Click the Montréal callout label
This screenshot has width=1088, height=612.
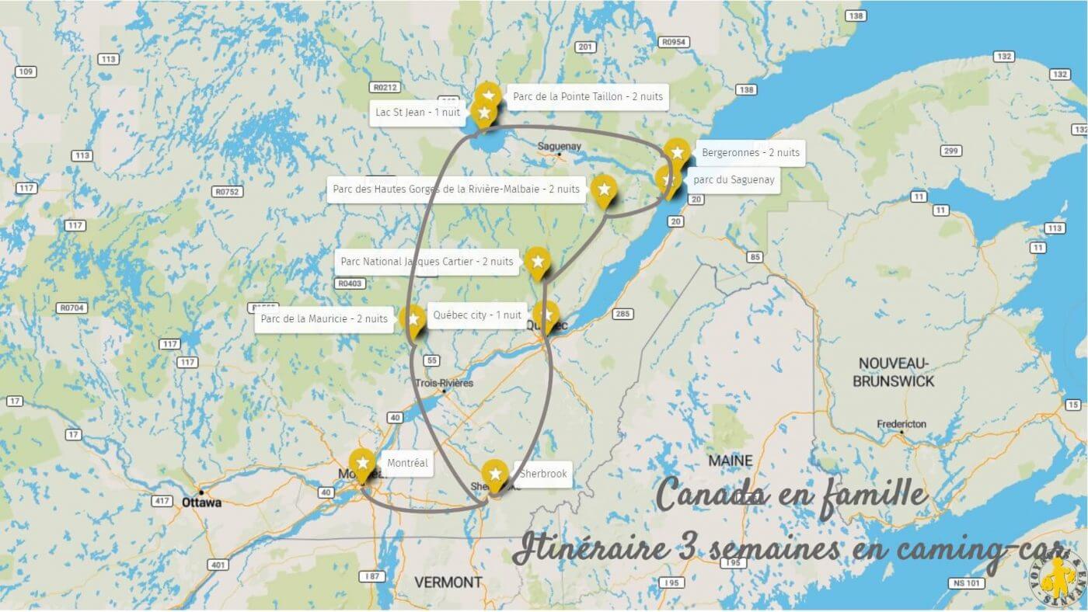coord(407,463)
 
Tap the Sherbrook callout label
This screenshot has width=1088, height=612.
coord(542,474)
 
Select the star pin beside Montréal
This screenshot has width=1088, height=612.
coord(361,464)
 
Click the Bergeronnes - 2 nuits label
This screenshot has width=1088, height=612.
coord(750,153)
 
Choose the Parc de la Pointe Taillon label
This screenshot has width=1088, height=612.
coord(588,97)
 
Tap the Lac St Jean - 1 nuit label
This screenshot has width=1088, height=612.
coord(417,113)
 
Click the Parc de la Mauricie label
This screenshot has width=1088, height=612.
coord(324,318)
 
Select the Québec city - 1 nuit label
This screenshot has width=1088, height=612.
coord(476,315)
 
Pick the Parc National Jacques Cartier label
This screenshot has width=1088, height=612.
coord(427,262)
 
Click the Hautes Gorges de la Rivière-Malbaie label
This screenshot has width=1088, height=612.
coord(455,189)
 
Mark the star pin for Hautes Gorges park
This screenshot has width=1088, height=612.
coord(603,189)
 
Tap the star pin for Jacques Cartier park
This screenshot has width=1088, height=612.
coord(537,261)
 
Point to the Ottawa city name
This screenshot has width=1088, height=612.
coord(201,502)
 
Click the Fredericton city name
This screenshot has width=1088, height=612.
coord(901,424)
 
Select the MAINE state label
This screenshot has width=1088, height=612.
coord(730,461)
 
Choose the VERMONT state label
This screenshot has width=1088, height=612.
coord(448,582)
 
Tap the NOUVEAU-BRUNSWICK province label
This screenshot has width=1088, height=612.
coord(893,372)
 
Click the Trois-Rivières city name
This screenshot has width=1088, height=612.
coord(444,383)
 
